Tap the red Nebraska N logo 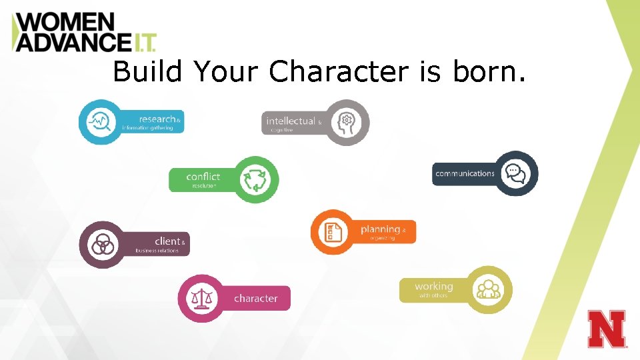pyautogui.click(x=607, y=329)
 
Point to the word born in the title pyautogui.click(x=489, y=71)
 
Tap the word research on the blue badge pyautogui.click(x=157, y=119)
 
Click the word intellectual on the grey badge pyautogui.click(x=291, y=121)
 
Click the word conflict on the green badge pyautogui.click(x=203, y=176)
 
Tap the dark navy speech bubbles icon pyautogui.click(x=515, y=173)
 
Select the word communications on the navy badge pyautogui.click(x=465, y=173)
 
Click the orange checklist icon pyautogui.click(x=333, y=232)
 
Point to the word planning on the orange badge pyautogui.click(x=380, y=229)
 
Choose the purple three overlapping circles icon pyautogui.click(x=102, y=245)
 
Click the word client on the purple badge pyautogui.click(x=167, y=241)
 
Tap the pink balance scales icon pyautogui.click(x=201, y=298)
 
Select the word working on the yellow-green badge pyautogui.click(x=433, y=286)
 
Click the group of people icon pyautogui.click(x=489, y=289)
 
